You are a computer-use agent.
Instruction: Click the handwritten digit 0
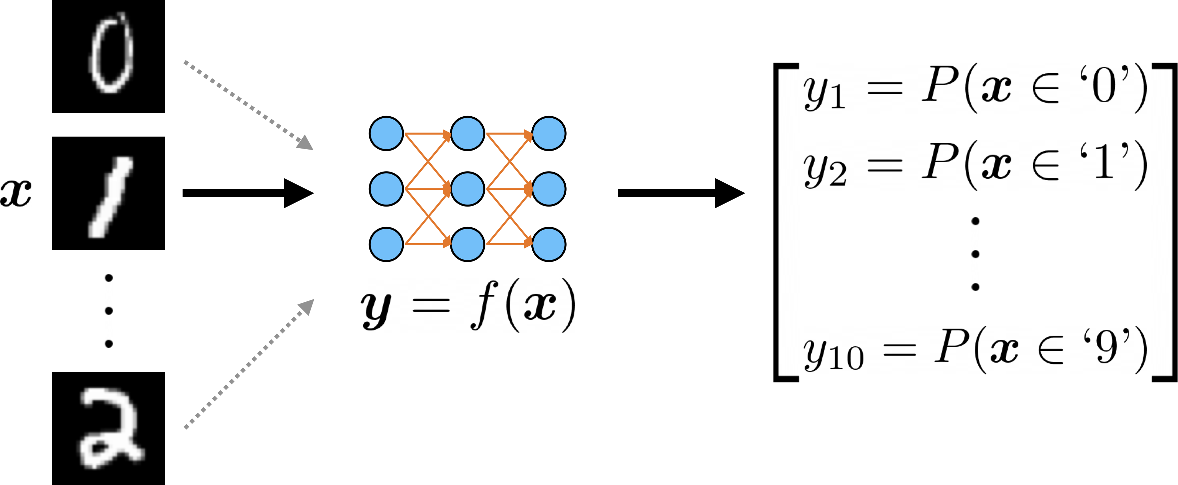pyautogui.click(x=111, y=54)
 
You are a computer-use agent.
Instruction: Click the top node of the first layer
pyautogui.click(x=386, y=134)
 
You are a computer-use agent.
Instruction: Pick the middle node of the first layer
pyautogui.click(x=386, y=189)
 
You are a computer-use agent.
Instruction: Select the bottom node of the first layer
pyautogui.click(x=386, y=244)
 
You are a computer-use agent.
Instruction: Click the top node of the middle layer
pyautogui.click(x=467, y=134)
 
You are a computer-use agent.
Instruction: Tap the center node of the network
pyautogui.click(x=467, y=189)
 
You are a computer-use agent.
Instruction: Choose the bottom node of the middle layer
pyautogui.click(x=467, y=244)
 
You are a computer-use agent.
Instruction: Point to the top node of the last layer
pyautogui.click(x=549, y=134)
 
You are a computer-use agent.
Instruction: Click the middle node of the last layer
pyautogui.click(x=549, y=189)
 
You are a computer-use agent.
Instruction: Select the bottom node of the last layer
pyautogui.click(x=549, y=244)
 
